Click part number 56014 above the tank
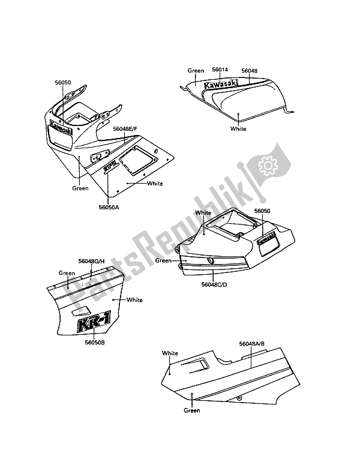point(220,70)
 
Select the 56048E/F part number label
point(125,129)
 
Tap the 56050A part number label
point(109,207)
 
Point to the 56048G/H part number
point(91,261)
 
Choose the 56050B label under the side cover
point(94,342)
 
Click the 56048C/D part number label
point(214,284)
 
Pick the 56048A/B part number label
point(252,344)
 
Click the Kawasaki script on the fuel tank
point(221,84)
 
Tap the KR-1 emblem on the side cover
point(94,322)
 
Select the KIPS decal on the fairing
point(109,167)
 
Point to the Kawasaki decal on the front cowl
point(61,127)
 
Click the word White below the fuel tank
point(238,128)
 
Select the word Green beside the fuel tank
point(196,71)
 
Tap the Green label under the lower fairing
point(192,410)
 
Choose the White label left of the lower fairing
point(170,353)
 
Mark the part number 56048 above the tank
point(250,71)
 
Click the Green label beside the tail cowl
point(163,260)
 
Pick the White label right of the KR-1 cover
point(134,300)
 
